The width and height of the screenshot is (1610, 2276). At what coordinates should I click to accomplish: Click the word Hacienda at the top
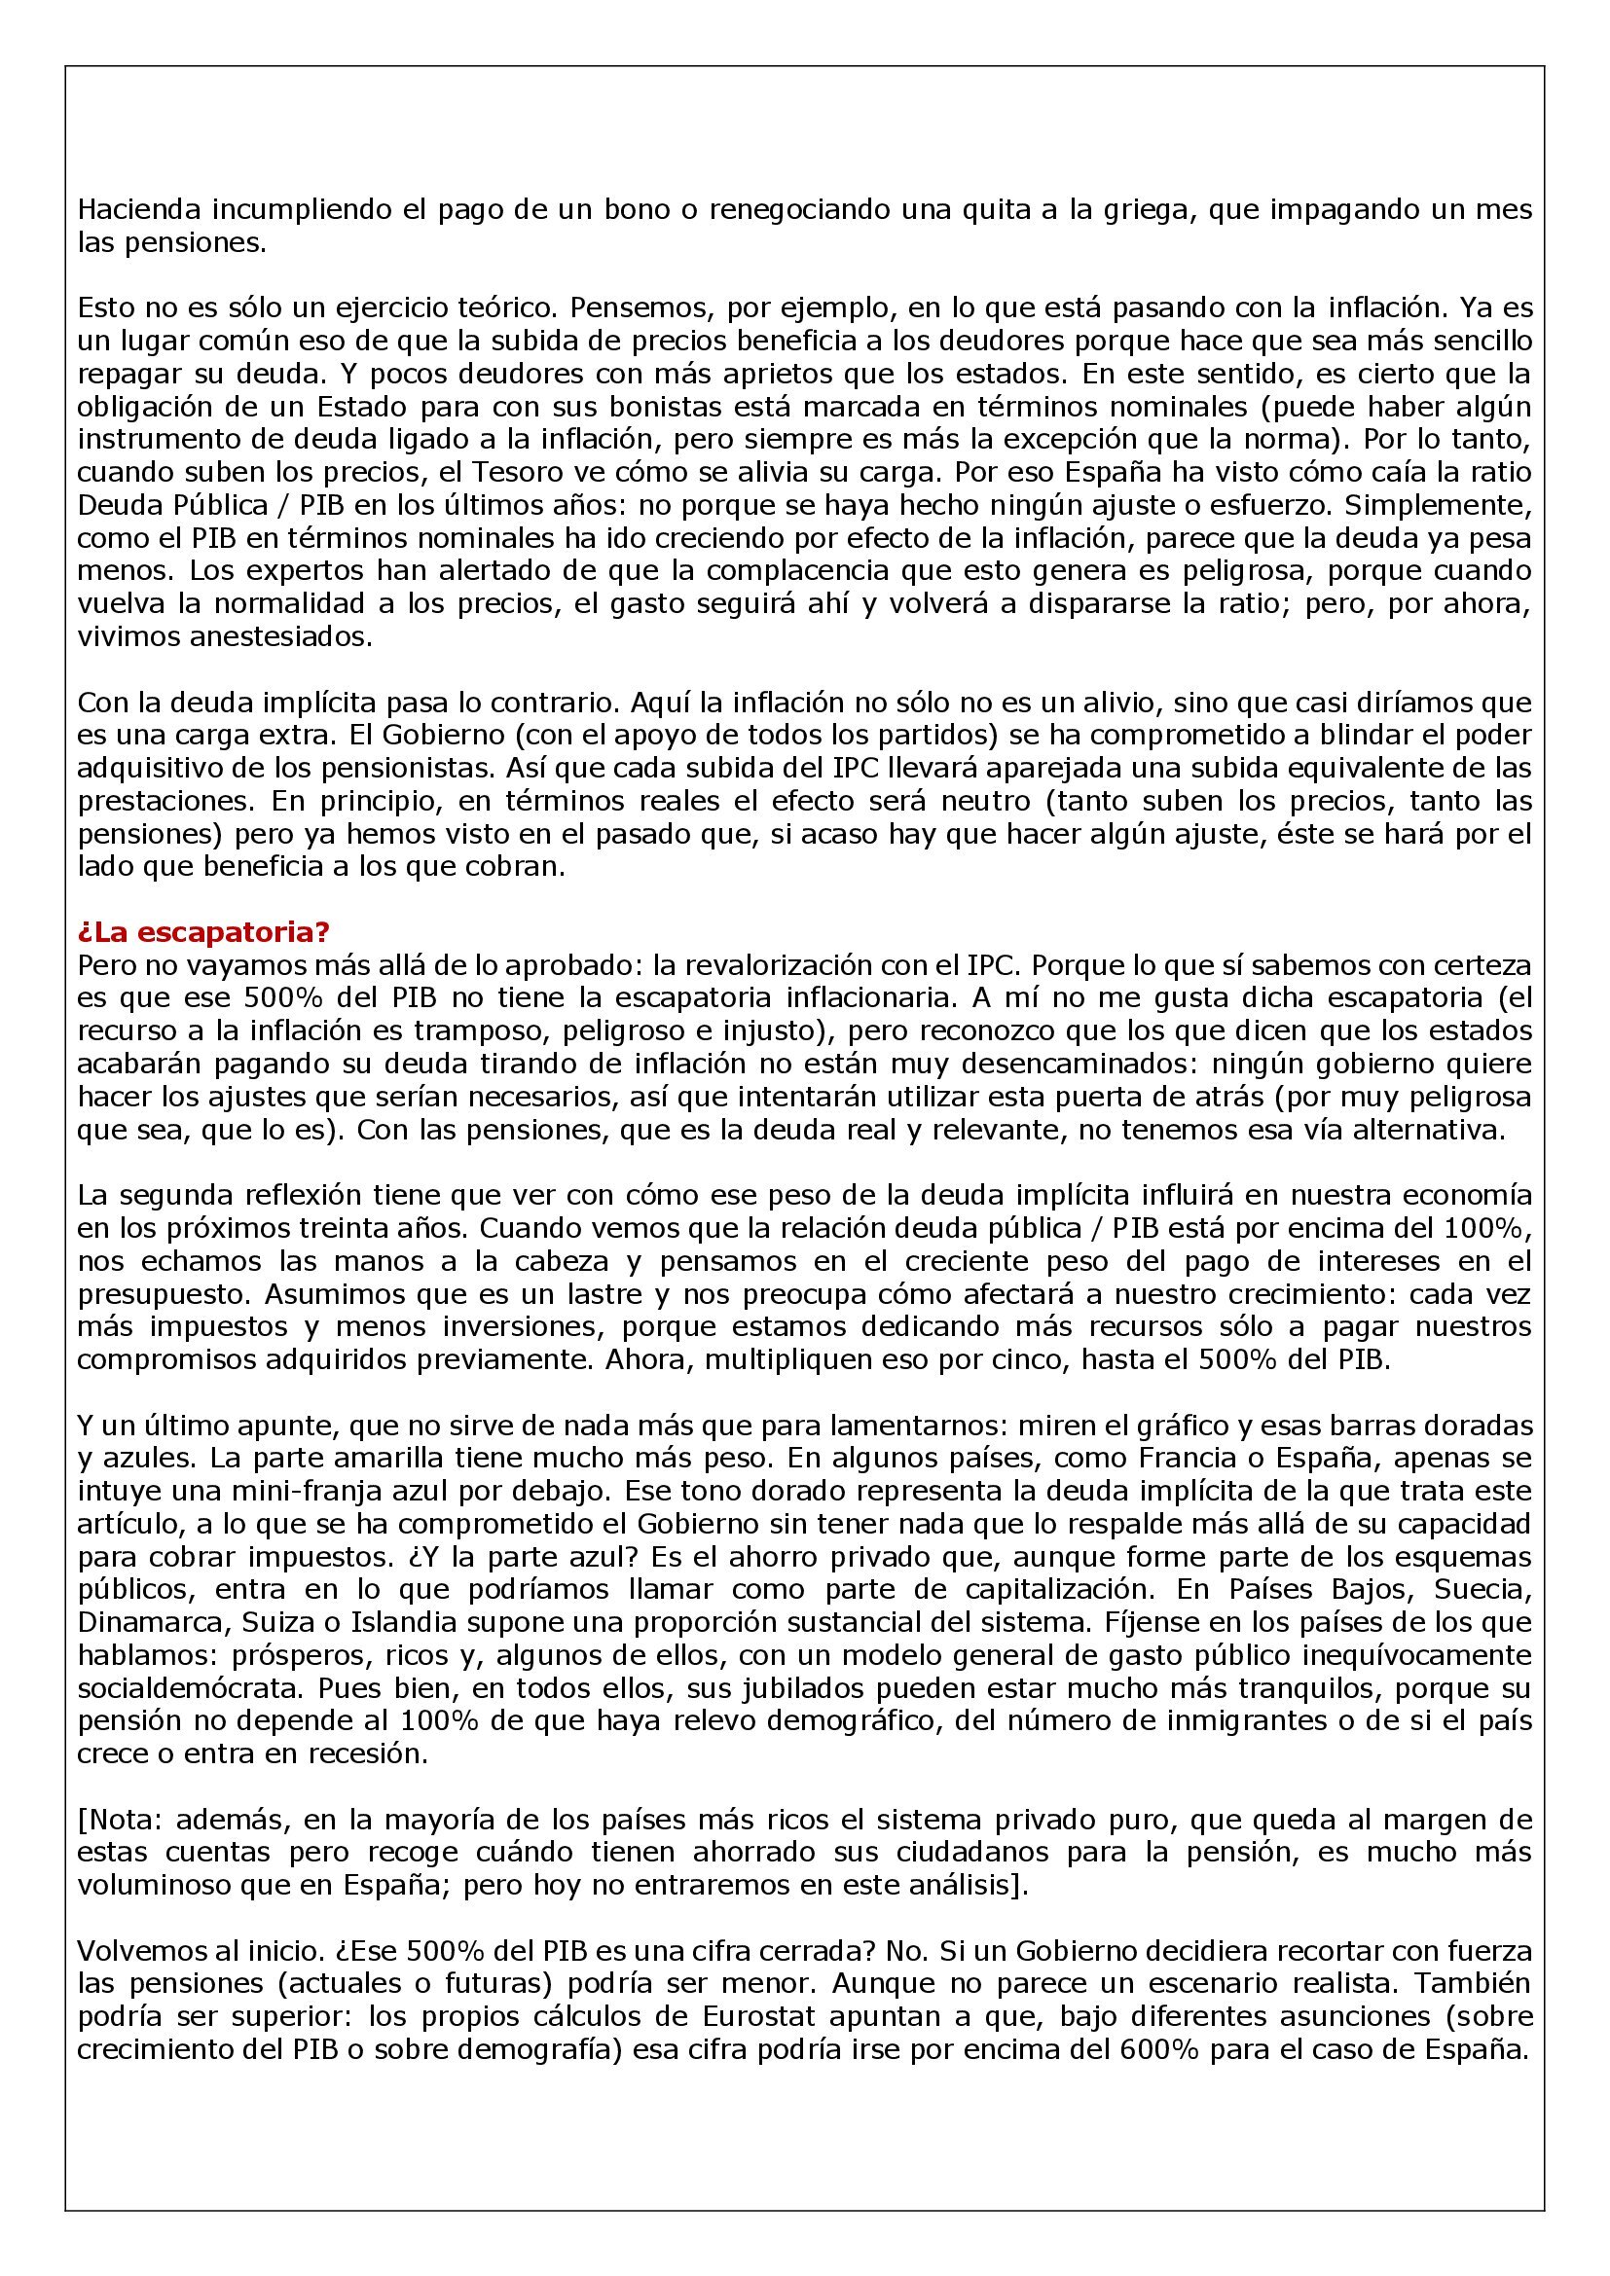point(136,210)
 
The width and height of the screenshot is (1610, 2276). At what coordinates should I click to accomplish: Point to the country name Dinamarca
point(145,1623)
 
